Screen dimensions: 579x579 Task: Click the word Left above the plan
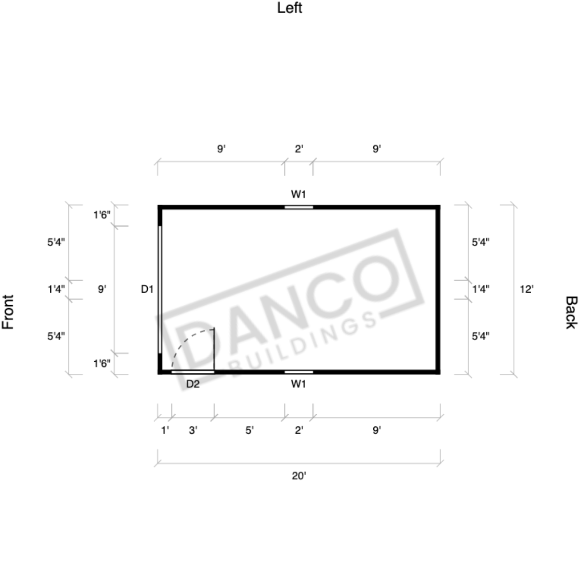pos(290,8)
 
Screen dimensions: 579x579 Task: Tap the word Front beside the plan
pos(8,311)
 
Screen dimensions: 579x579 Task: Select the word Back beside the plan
pos(571,312)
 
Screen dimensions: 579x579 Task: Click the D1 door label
pos(147,289)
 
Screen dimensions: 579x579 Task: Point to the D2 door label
pos(193,384)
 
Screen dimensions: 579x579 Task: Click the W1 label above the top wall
pos(298,194)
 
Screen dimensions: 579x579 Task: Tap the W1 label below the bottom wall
pos(298,384)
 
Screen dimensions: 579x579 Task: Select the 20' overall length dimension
pos(299,476)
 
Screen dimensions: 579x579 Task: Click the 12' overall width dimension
pos(526,289)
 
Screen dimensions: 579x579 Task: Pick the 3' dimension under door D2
pos(193,430)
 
